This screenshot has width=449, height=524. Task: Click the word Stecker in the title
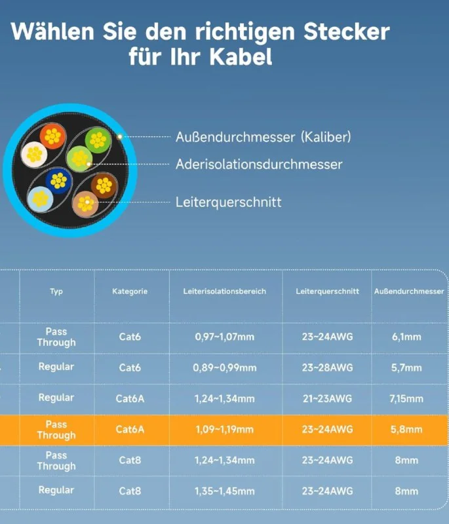(x=340, y=31)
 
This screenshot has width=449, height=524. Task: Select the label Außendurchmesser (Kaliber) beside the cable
(x=264, y=137)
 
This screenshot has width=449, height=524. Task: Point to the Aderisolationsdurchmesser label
(x=259, y=164)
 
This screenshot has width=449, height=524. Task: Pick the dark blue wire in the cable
(x=59, y=181)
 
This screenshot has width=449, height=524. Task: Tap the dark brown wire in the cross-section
(x=104, y=185)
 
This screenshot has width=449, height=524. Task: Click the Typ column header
(x=56, y=291)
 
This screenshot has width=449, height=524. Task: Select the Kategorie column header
(x=130, y=291)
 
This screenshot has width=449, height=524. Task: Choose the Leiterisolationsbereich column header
(x=225, y=291)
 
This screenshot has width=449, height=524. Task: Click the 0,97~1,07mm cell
(x=224, y=337)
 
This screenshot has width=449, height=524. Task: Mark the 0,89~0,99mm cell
(x=224, y=367)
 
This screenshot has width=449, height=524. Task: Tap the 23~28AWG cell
(x=327, y=367)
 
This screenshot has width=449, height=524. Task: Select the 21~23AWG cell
(x=327, y=398)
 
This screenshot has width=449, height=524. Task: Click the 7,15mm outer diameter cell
(x=407, y=398)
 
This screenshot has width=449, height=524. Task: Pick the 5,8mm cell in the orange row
(x=407, y=430)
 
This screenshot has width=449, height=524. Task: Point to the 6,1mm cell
(x=407, y=337)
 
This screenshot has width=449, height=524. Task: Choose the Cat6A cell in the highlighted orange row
(x=130, y=430)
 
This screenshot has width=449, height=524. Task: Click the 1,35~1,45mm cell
(x=224, y=491)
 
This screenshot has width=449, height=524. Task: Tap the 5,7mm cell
(x=407, y=367)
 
